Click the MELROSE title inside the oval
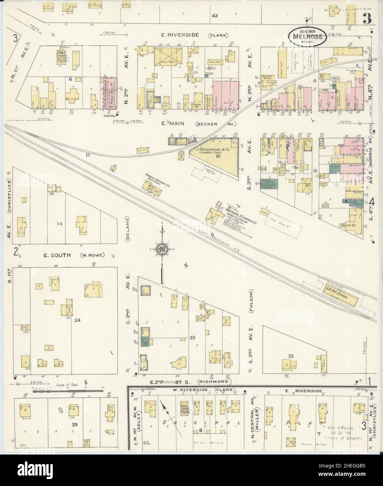click(x=308, y=36)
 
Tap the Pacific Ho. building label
click(x=347, y=226)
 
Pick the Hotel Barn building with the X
click(x=168, y=55)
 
